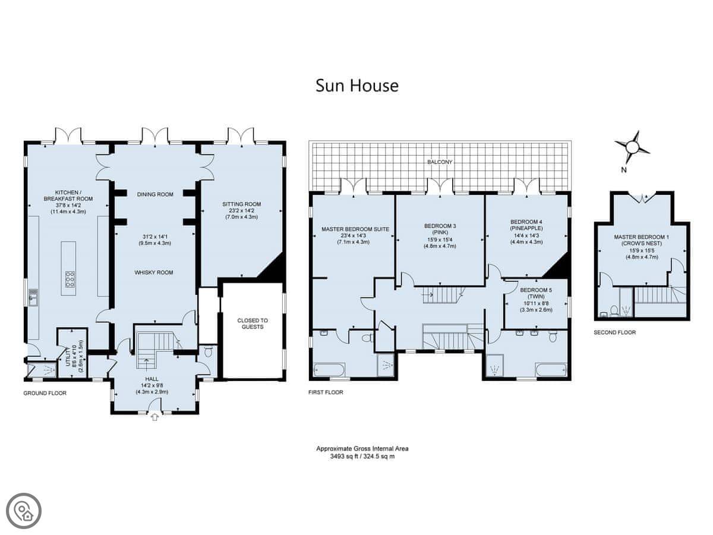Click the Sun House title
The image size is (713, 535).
pyautogui.click(x=357, y=86)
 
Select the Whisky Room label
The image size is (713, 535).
pyautogui.click(x=154, y=272)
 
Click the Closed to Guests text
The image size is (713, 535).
pyautogui.click(x=253, y=323)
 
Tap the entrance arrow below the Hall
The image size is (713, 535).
pyautogui.click(x=155, y=417)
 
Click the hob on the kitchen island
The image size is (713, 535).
pyautogui.click(x=70, y=279)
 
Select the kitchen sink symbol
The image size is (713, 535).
pyautogui.click(x=33, y=297)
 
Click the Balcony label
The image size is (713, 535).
pyautogui.click(x=440, y=162)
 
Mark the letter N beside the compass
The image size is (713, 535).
pyautogui.click(x=624, y=169)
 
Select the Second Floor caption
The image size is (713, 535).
pyautogui.click(x=615, y=332)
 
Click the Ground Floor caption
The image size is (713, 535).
pyautogui.click(x=45, y=393)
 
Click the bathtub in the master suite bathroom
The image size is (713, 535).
pyautogui.click(x=329, y=369)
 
